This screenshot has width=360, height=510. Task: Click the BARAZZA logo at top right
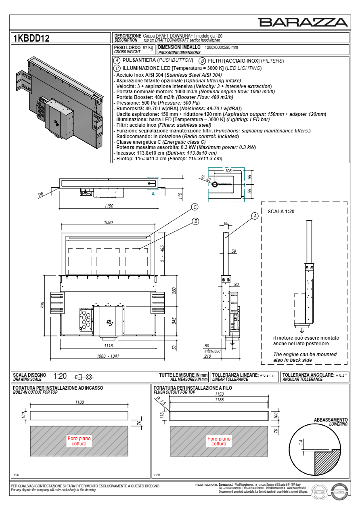pyautogui.click(x=303, y=22)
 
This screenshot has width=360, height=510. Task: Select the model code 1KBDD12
pyautogui.click(x=31, y=39)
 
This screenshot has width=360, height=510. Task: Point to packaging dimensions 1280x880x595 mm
pyautogui.click(x=221, y=47)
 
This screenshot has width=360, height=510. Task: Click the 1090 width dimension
pyautogui.click(x=108, y=222)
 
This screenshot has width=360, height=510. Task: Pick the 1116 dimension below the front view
pyautogui.click(x=108, y=346)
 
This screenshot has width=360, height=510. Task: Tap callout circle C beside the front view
pyautogui.click(x=195, y=207)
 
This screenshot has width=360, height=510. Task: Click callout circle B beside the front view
pyautogui.click(x=195, y=221)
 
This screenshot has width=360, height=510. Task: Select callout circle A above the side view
pyautogui.click(x=255, y=216)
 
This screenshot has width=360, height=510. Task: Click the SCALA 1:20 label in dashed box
pyautogui.click(x=282, y=211)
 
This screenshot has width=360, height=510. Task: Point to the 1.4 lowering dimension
pyautogui.click(x=300, y=443)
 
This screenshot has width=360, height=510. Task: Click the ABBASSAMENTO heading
pyautogui.click(x=330, y=420)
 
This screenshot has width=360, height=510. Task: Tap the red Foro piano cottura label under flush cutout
pyautogui.click(x=219, y=441)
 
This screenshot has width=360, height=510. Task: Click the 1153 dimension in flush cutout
pyautogui.click(x=219, y=394)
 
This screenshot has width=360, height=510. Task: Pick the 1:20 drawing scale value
pyautogui.click(x=60, y=376)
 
